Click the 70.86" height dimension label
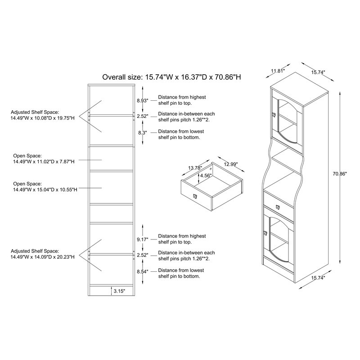340,173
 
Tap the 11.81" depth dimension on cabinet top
279,71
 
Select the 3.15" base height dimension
119,291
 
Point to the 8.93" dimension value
142,101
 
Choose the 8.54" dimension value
142,272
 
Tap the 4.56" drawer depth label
206,175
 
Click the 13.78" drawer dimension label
194,168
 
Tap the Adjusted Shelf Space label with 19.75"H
42,115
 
